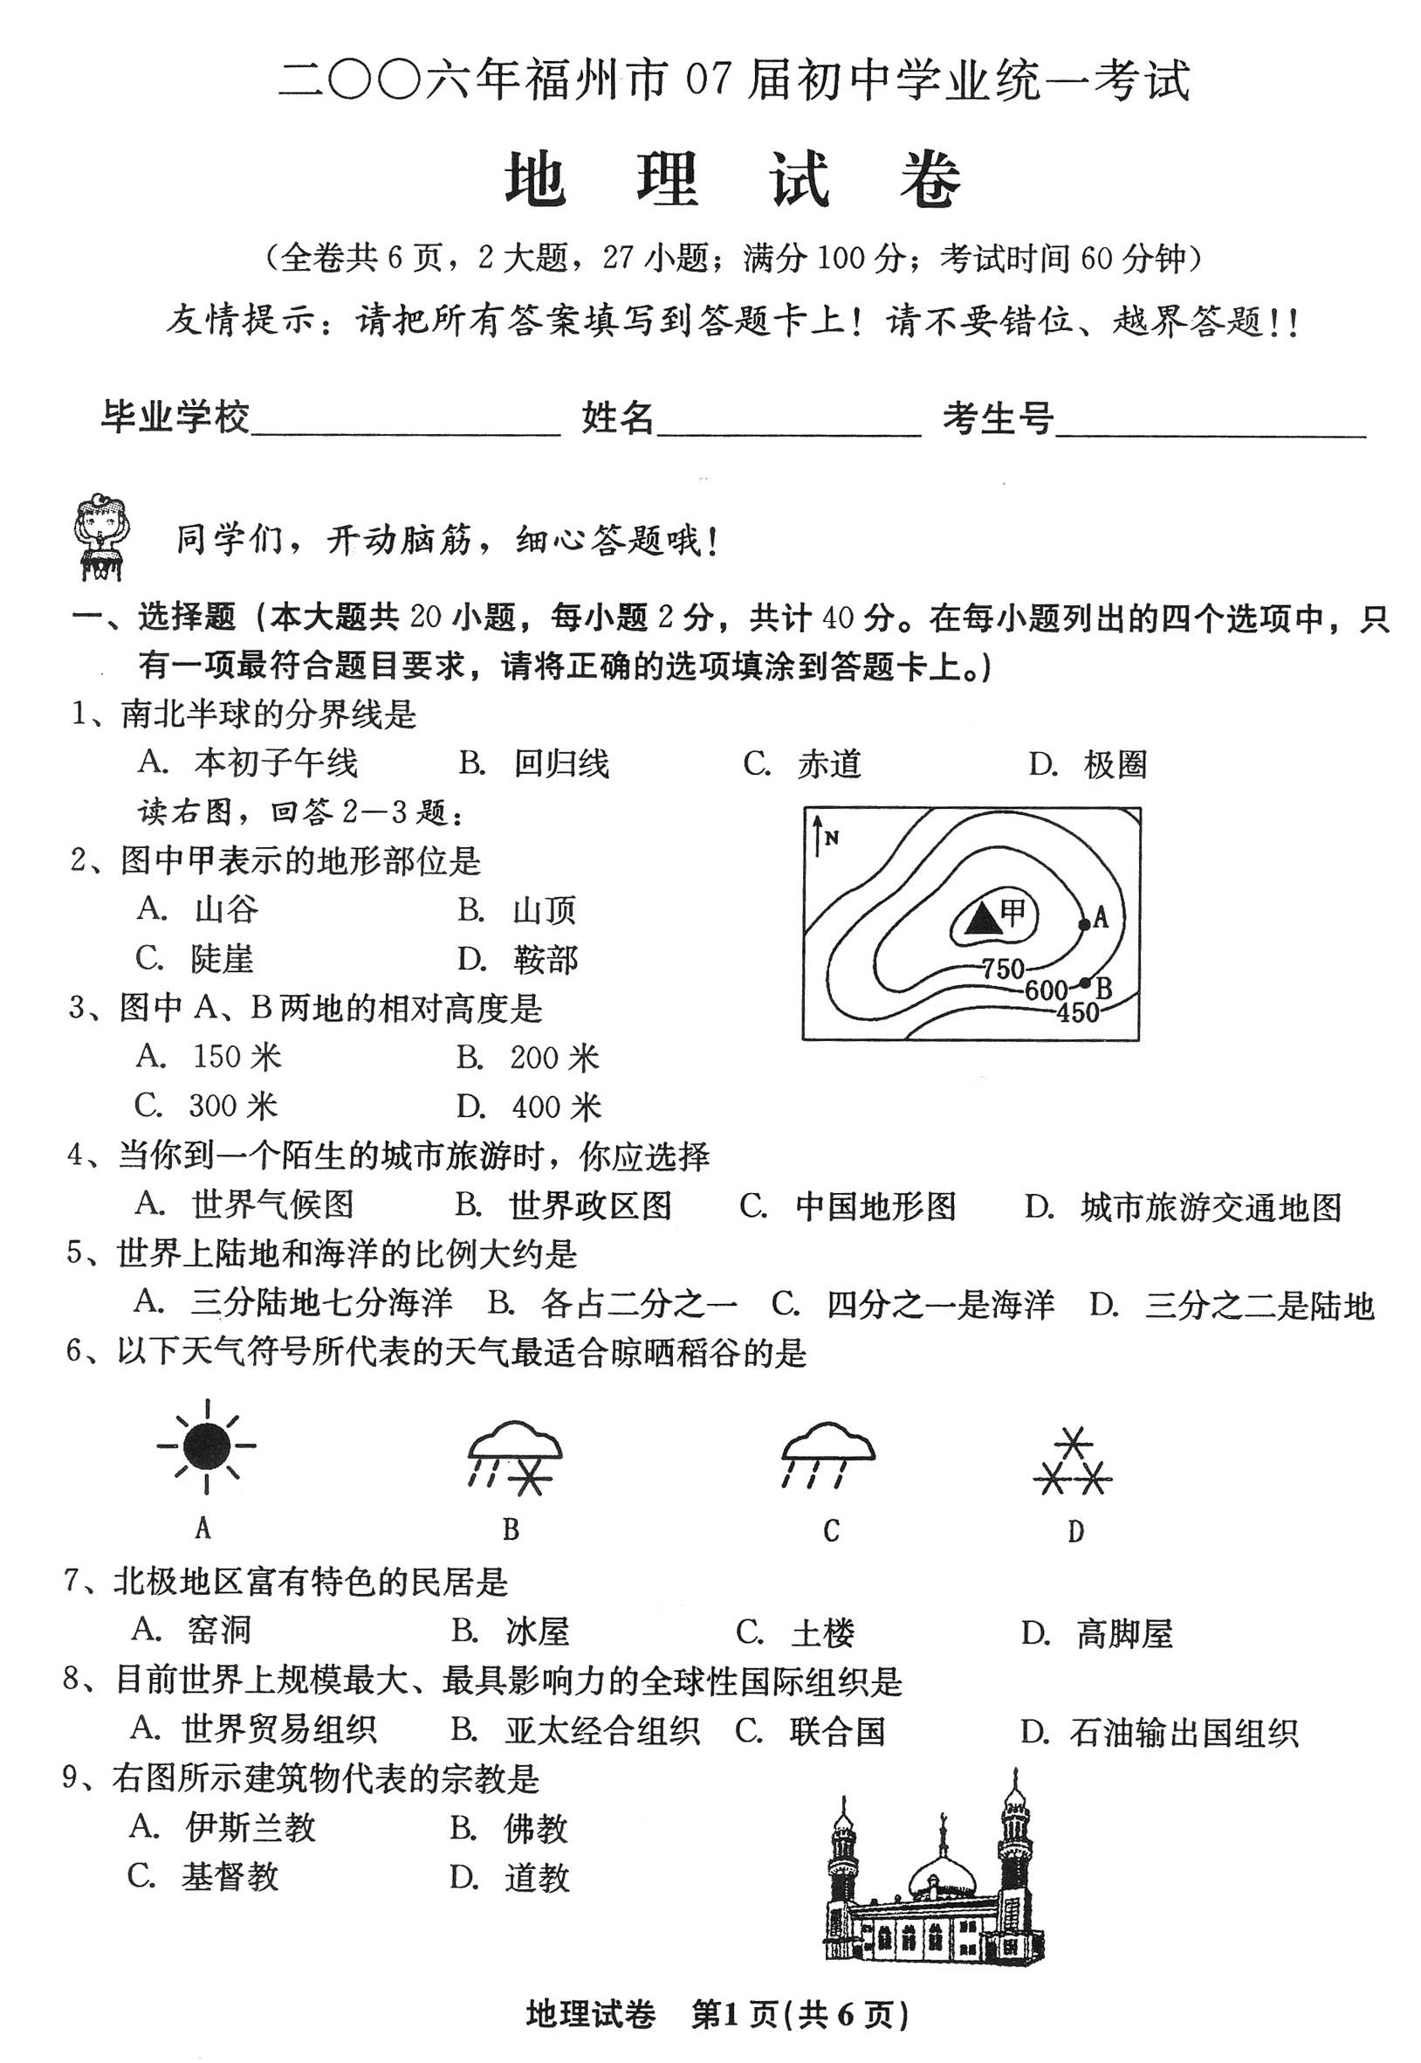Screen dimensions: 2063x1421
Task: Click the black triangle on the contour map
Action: pyautogui.click(x=983, y=916)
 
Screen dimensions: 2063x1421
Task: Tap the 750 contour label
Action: pyautogui.click(x=1004, y=969)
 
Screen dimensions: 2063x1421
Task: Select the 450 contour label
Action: pyautogui.click(x=1077, y=1013)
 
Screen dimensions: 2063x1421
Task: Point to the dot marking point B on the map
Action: pyautogui.click(x=1084, y=983)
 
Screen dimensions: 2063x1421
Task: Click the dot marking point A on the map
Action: pyautogui.click(x=1083, y=924)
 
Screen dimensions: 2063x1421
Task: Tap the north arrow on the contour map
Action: pyautogui.click(x=817, y=838)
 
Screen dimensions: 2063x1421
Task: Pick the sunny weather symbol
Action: pyautogui.click(x=207, y=1446)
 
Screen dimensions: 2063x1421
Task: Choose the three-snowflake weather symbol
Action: pyautogui.click(x=1073, y=1462)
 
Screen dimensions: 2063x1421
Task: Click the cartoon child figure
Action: pyautogui.click(x=100, y=538)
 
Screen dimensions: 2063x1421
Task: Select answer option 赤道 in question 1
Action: pyautogui.click(x=829, y=764)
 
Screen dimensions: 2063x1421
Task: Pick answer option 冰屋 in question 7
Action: pyautogui.click(x=537, y=1631)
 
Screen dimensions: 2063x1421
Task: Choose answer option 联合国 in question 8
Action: pyautogui.click(x=837, y=1731)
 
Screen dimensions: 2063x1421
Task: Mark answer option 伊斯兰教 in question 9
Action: pyautogui.click(x=251, y=1828)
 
